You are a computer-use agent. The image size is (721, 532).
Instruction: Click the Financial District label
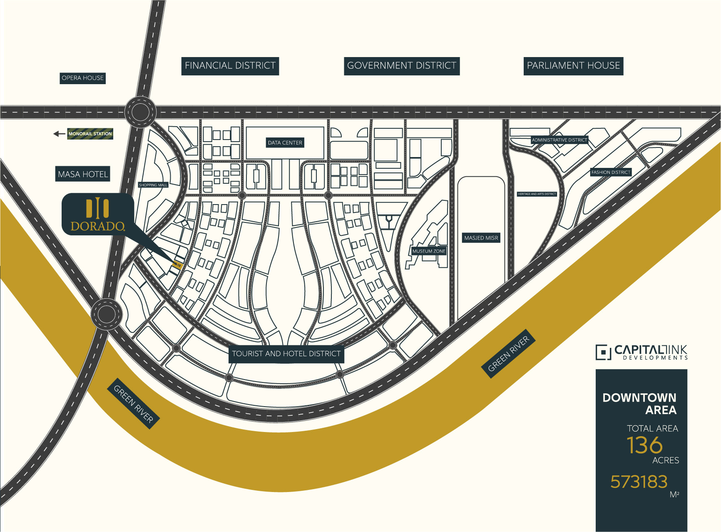pos(230,66)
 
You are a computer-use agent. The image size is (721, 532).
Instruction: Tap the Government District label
pos(401,66)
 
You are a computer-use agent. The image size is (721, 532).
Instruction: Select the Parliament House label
pos(573,66)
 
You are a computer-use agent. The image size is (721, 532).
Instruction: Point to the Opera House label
pos(82,78)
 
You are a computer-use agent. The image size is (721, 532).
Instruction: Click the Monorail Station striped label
pos(90,134)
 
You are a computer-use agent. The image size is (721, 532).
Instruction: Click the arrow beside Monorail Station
pos(59,134)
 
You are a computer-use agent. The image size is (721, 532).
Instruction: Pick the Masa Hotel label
pos(83,174)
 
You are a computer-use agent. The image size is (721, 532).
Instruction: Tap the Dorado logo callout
pos(98,215)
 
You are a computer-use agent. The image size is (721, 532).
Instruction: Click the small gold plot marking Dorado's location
pos(177,265)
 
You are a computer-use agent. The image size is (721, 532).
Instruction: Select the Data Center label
pos(285,142)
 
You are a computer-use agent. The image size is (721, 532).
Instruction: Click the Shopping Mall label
pos(153,185)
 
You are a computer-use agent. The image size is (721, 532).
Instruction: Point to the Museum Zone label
pos(429,251)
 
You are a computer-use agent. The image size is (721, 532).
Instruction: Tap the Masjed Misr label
pos(481,238)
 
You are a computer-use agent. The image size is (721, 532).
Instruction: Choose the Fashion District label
pos(611,172)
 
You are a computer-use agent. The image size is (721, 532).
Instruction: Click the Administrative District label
pos(559,140)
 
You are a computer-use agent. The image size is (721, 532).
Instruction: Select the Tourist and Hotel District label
pos(286,354)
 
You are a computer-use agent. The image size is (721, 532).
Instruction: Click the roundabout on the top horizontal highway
pos(140,112)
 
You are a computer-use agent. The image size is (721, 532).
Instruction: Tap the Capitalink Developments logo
pos(641,352)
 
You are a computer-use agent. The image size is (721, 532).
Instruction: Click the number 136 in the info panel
pos(644,445)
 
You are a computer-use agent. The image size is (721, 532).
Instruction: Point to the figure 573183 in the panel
pos(639,482)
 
